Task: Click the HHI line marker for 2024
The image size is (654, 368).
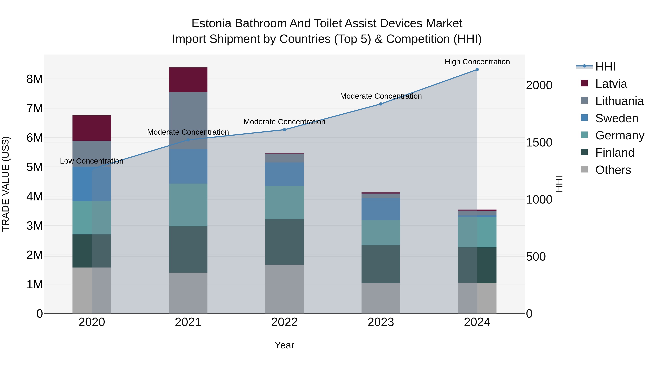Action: tap(477, 70)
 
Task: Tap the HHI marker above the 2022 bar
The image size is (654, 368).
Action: tap(284, 130)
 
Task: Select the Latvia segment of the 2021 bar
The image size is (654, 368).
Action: tap(188, 80)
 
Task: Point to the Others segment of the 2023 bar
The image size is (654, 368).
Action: tap(381, 298)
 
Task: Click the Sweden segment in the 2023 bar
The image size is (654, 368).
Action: tap(381, 209)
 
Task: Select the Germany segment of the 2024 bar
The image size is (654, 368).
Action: tap(477, 232)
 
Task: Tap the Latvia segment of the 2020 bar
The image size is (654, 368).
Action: tap(92, 128)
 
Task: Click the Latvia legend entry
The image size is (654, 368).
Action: tap(611, 84)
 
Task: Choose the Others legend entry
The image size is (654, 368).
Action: tap(613, 170)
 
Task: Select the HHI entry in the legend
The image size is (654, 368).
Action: tap(605, 67)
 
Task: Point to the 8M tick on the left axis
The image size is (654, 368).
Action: tap(35, 79)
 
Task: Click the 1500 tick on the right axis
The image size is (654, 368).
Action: tap(539, 142)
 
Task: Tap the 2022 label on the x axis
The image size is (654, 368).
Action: tap(284, 322)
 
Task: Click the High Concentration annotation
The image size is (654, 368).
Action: tap(477, 62)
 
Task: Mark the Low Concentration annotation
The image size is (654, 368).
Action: tap(92, 161)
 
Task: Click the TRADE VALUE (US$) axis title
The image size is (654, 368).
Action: tap(6, 184)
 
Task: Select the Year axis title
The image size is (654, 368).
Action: tap(284, 345)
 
